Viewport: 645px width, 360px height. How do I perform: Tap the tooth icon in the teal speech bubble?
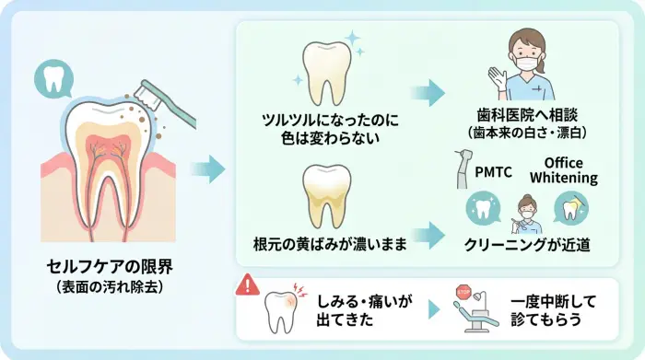point(53,80)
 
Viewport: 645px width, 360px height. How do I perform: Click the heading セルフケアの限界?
point(110,266)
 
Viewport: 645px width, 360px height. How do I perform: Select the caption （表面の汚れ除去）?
point(110,286)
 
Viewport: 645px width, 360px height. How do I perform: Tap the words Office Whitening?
point(565,169)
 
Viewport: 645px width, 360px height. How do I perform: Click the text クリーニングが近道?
point(528,245)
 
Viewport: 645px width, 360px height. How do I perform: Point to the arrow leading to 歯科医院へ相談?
point(428,92)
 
